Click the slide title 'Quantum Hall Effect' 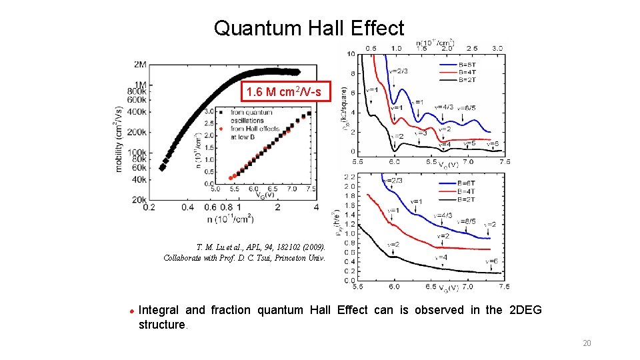click(x=309, y=28)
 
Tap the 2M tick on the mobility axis click(x=140, y=65)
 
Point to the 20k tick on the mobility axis click(x=139, y=199)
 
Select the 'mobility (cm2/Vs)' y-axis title click(x=120, y=139)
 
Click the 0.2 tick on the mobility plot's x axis click(x=149, y=208)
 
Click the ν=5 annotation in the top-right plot click(x=468, y=143)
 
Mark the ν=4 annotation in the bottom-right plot click(x=442, y=257)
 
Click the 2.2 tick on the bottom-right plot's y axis click(x=349, y=177)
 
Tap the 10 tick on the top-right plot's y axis click(x=351, y=54)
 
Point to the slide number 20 click(x=587, y=343)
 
